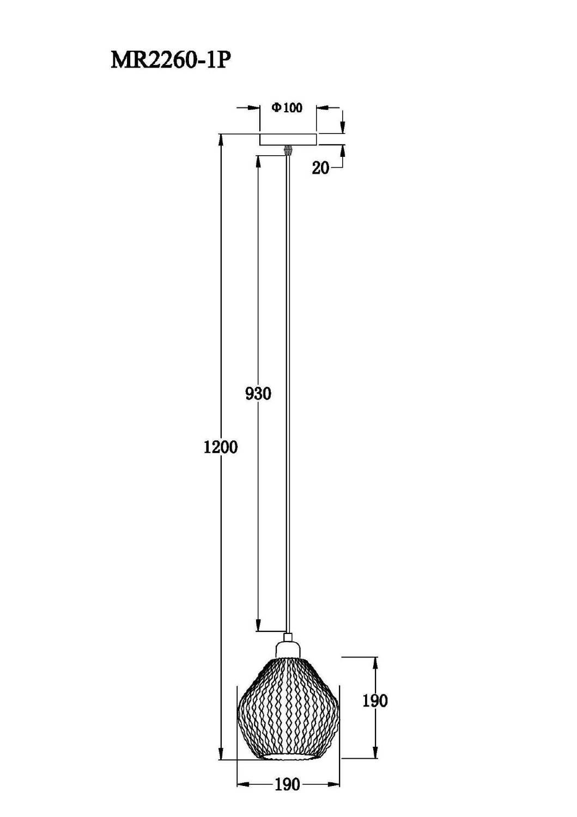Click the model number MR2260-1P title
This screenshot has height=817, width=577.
(x=168, y=60)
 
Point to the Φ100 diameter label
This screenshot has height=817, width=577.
(x=287, y=108)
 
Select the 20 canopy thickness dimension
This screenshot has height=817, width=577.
(x=320, y=168)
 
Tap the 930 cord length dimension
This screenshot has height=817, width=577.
(x=258, y=393)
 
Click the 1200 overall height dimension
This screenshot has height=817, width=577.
(x=220, y=447)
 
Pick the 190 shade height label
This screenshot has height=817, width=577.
(x=375, y=700)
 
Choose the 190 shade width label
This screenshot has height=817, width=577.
(x=287, y=784)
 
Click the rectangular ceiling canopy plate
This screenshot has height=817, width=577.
(x=288, y=139)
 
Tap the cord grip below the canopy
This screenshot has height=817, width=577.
(x=288, y=150)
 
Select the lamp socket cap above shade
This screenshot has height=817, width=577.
(x=288, y=647)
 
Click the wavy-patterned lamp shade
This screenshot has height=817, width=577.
(x=288, y=708)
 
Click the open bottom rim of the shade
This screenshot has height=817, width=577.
(x=288, y=757)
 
